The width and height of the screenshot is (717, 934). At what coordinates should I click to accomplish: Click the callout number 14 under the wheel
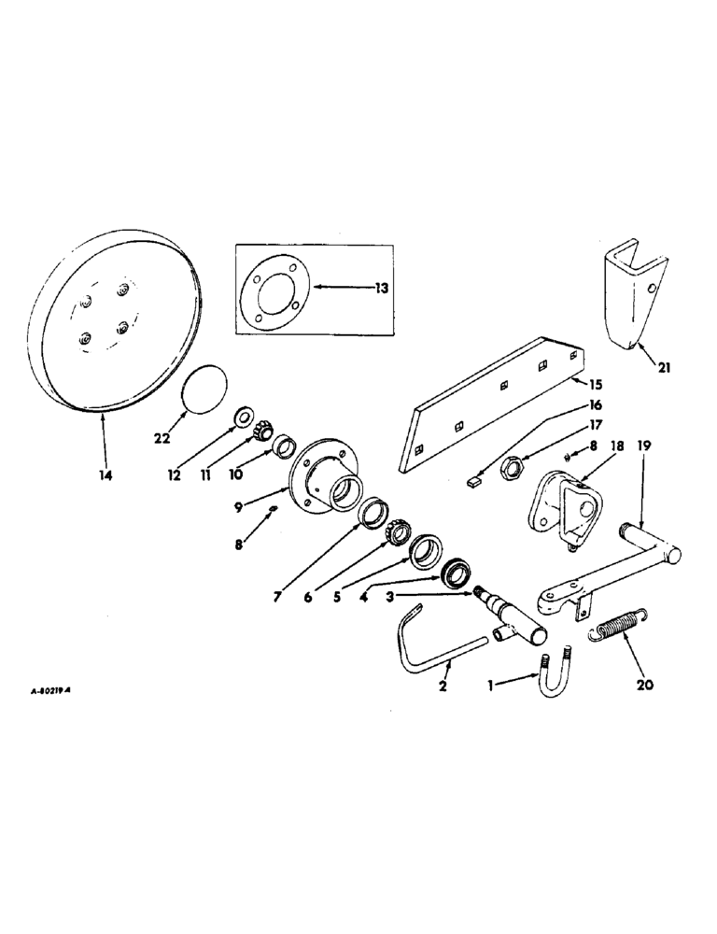coord(105,475)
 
